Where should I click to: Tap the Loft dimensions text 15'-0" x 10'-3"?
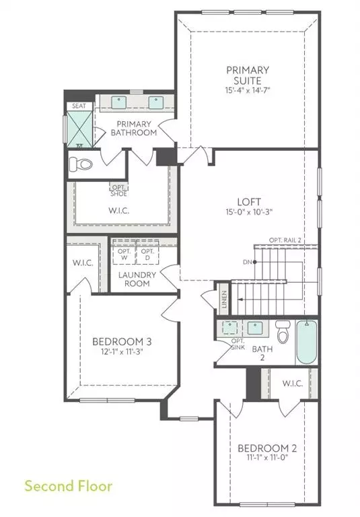pyautogui.click(x=248, y=211)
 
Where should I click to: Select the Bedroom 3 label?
pyautogui.click(x=122, y=341)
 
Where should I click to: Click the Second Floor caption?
pyautogui.click(x=68, y=485)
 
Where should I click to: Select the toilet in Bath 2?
pyautogui.click(x=282, y=333)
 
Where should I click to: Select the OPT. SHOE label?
pyautogui.click(x=119, y=191)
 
